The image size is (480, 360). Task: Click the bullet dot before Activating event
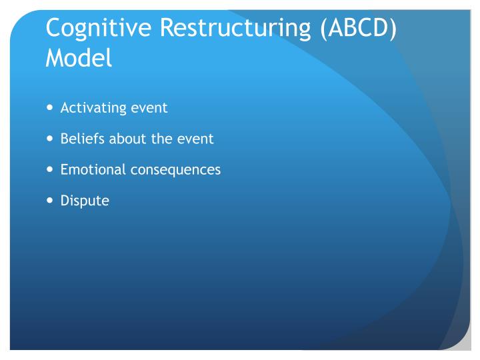tap(51, 108)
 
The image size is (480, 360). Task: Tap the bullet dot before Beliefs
tap(51, 139)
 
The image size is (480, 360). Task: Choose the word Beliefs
tap(79, 139)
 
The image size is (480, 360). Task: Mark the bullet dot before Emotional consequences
tap(51, 169)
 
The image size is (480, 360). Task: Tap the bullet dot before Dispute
tap(51, 200)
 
